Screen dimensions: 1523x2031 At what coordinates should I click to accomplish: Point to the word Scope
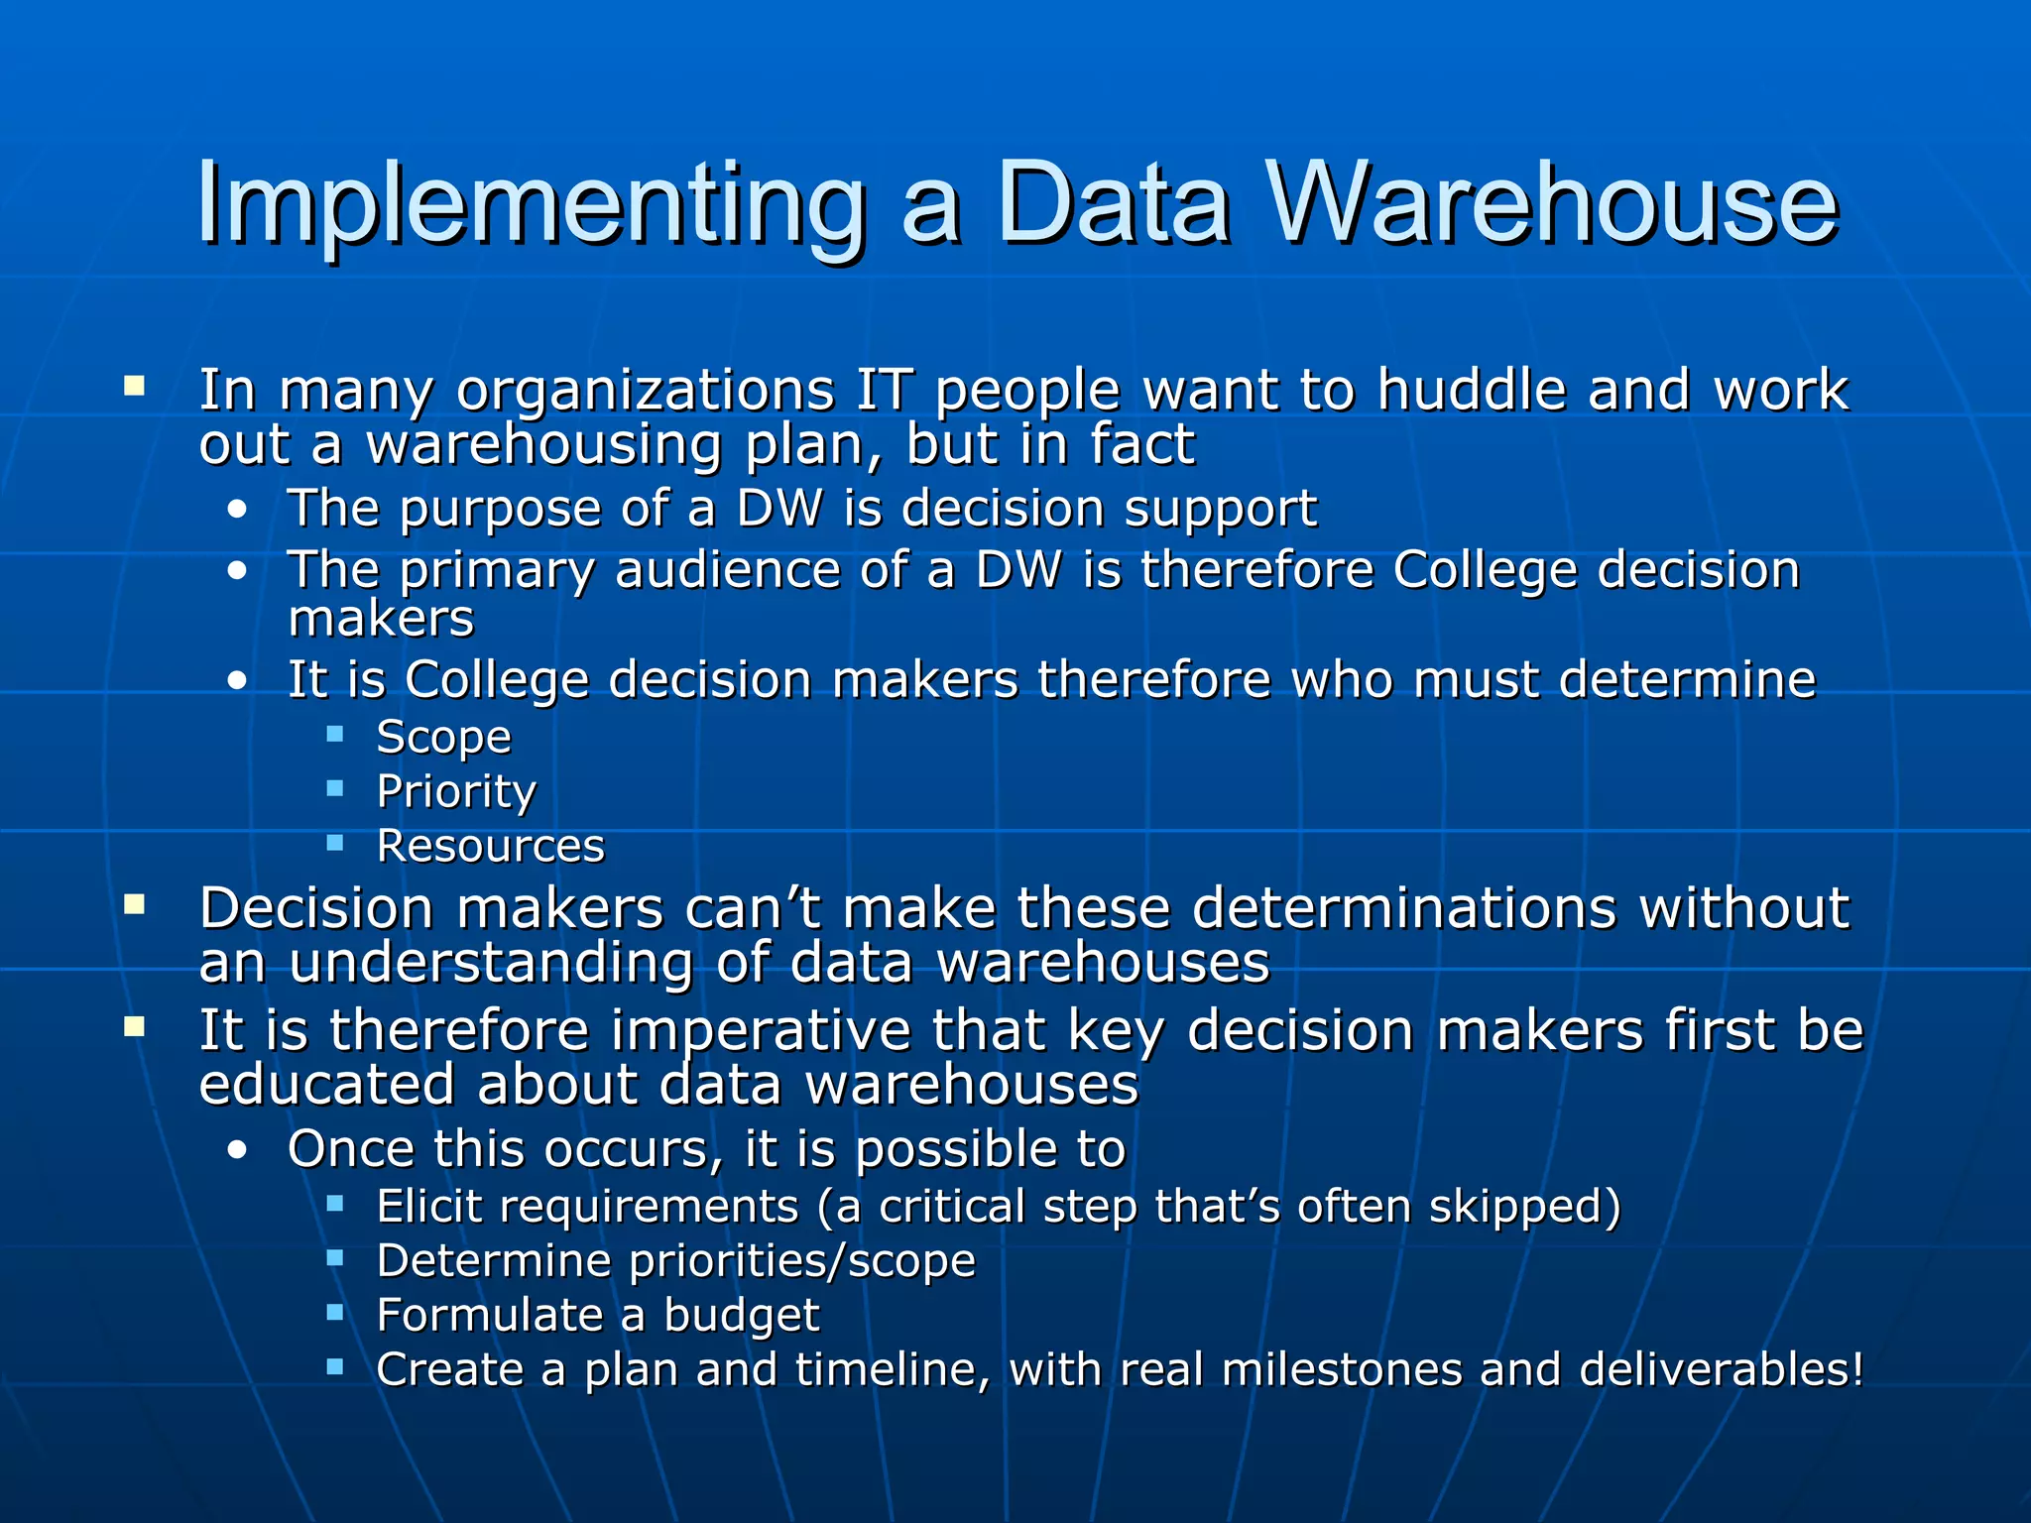point(444,738)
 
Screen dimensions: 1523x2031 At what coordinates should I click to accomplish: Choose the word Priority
point(456,792)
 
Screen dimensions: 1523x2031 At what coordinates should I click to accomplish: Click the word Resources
point(491,847)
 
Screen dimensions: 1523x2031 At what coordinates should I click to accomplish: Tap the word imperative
point(761,1031)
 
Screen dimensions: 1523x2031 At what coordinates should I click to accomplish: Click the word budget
point(742,1317)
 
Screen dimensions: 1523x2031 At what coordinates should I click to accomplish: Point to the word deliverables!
point(1722,1370)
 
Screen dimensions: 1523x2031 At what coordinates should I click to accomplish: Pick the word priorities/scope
point(802,1262)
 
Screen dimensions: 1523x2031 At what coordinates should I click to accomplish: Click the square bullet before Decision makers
point(135,904)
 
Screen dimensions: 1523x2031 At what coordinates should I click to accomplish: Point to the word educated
point(326,1085)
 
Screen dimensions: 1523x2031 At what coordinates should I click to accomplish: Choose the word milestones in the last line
point(1342,1370)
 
